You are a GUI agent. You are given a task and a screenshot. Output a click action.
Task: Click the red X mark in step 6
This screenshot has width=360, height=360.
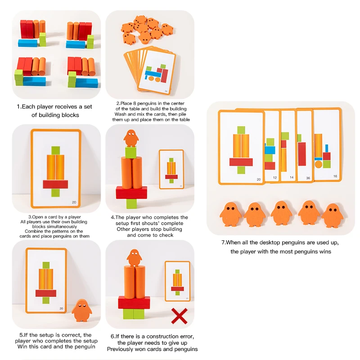click(x=179, y=316)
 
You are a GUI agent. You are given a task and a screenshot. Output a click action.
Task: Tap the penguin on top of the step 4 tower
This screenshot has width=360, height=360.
click(x=131, y=138)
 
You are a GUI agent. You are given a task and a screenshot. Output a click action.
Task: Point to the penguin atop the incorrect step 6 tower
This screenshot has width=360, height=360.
click(x=133, y=257)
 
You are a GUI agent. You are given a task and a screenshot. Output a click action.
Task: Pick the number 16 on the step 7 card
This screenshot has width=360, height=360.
click(x=335, y=176)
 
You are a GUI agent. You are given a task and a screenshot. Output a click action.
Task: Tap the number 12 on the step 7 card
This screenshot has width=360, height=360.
click(x=275, y=178)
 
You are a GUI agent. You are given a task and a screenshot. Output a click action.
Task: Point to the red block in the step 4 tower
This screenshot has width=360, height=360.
click(x=131, y=192)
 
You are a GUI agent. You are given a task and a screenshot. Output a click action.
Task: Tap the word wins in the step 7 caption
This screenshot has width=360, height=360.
click(x=323, y=252)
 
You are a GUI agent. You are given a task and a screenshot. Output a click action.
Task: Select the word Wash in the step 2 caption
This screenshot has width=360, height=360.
click(x=121, y=114)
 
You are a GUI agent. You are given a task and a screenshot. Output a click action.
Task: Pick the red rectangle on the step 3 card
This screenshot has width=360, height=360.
click(x=55, y=184)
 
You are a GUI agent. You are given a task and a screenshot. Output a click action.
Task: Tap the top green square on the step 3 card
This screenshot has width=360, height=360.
click(x=55, y=150)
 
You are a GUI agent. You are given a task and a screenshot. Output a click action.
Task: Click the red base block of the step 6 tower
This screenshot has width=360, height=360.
click(x=134, y=303)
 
